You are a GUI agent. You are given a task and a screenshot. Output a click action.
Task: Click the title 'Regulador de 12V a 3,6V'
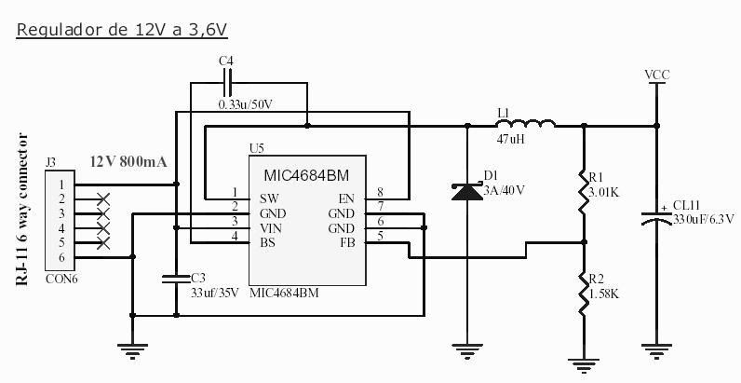(x=122, y=30)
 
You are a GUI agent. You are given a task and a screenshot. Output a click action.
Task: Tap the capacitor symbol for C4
(x=227, y=83)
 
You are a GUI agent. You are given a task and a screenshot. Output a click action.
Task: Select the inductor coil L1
(x=525, y=123)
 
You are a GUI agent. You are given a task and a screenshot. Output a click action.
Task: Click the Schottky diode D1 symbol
(x=467, y=191)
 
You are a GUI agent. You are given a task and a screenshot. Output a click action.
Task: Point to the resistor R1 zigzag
(x=583, y=192)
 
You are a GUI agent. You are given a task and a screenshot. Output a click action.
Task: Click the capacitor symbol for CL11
(x=656, y=218)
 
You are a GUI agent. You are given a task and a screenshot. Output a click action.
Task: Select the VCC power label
(x=657, y=75)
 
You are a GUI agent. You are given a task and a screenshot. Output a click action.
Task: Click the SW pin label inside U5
(x=269, y=198)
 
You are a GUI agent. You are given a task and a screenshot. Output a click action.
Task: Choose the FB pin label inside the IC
(x=346, y=243)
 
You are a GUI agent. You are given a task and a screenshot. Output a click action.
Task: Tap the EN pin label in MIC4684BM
(x=346, y=198)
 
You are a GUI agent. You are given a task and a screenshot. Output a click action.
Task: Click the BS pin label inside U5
(x=267, y=243)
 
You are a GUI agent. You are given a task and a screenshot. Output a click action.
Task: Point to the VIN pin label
(x=271, y=228)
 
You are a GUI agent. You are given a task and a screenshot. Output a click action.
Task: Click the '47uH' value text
(x=510, y=140)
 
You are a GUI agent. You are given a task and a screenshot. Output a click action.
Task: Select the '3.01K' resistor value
(x=603, y=193)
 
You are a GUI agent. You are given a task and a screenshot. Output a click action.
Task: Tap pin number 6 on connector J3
(x=61, y=258)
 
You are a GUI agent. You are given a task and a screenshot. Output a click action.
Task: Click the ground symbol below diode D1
(x=467, y=349)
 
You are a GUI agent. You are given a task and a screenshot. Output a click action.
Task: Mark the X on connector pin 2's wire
(x=103, y=199)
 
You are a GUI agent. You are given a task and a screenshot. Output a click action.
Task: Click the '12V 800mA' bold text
(x=128, y=162)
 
